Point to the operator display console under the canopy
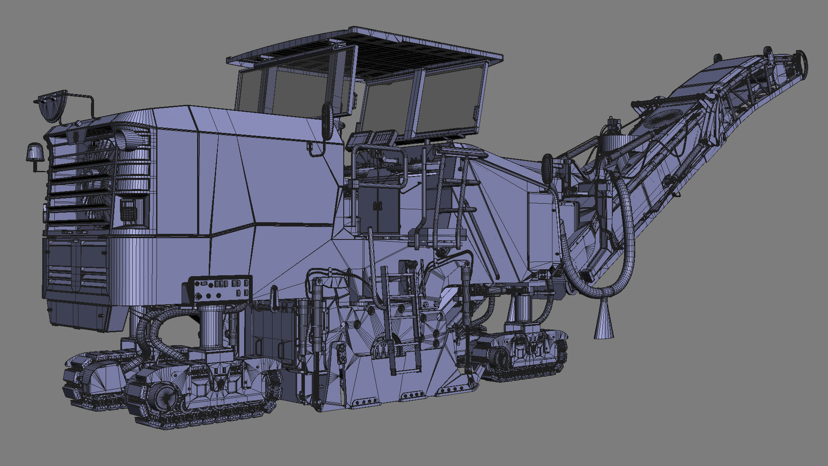pyautogui.click(x=373, y=138)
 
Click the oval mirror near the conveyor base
pyautogui.click(x=548, y=168)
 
